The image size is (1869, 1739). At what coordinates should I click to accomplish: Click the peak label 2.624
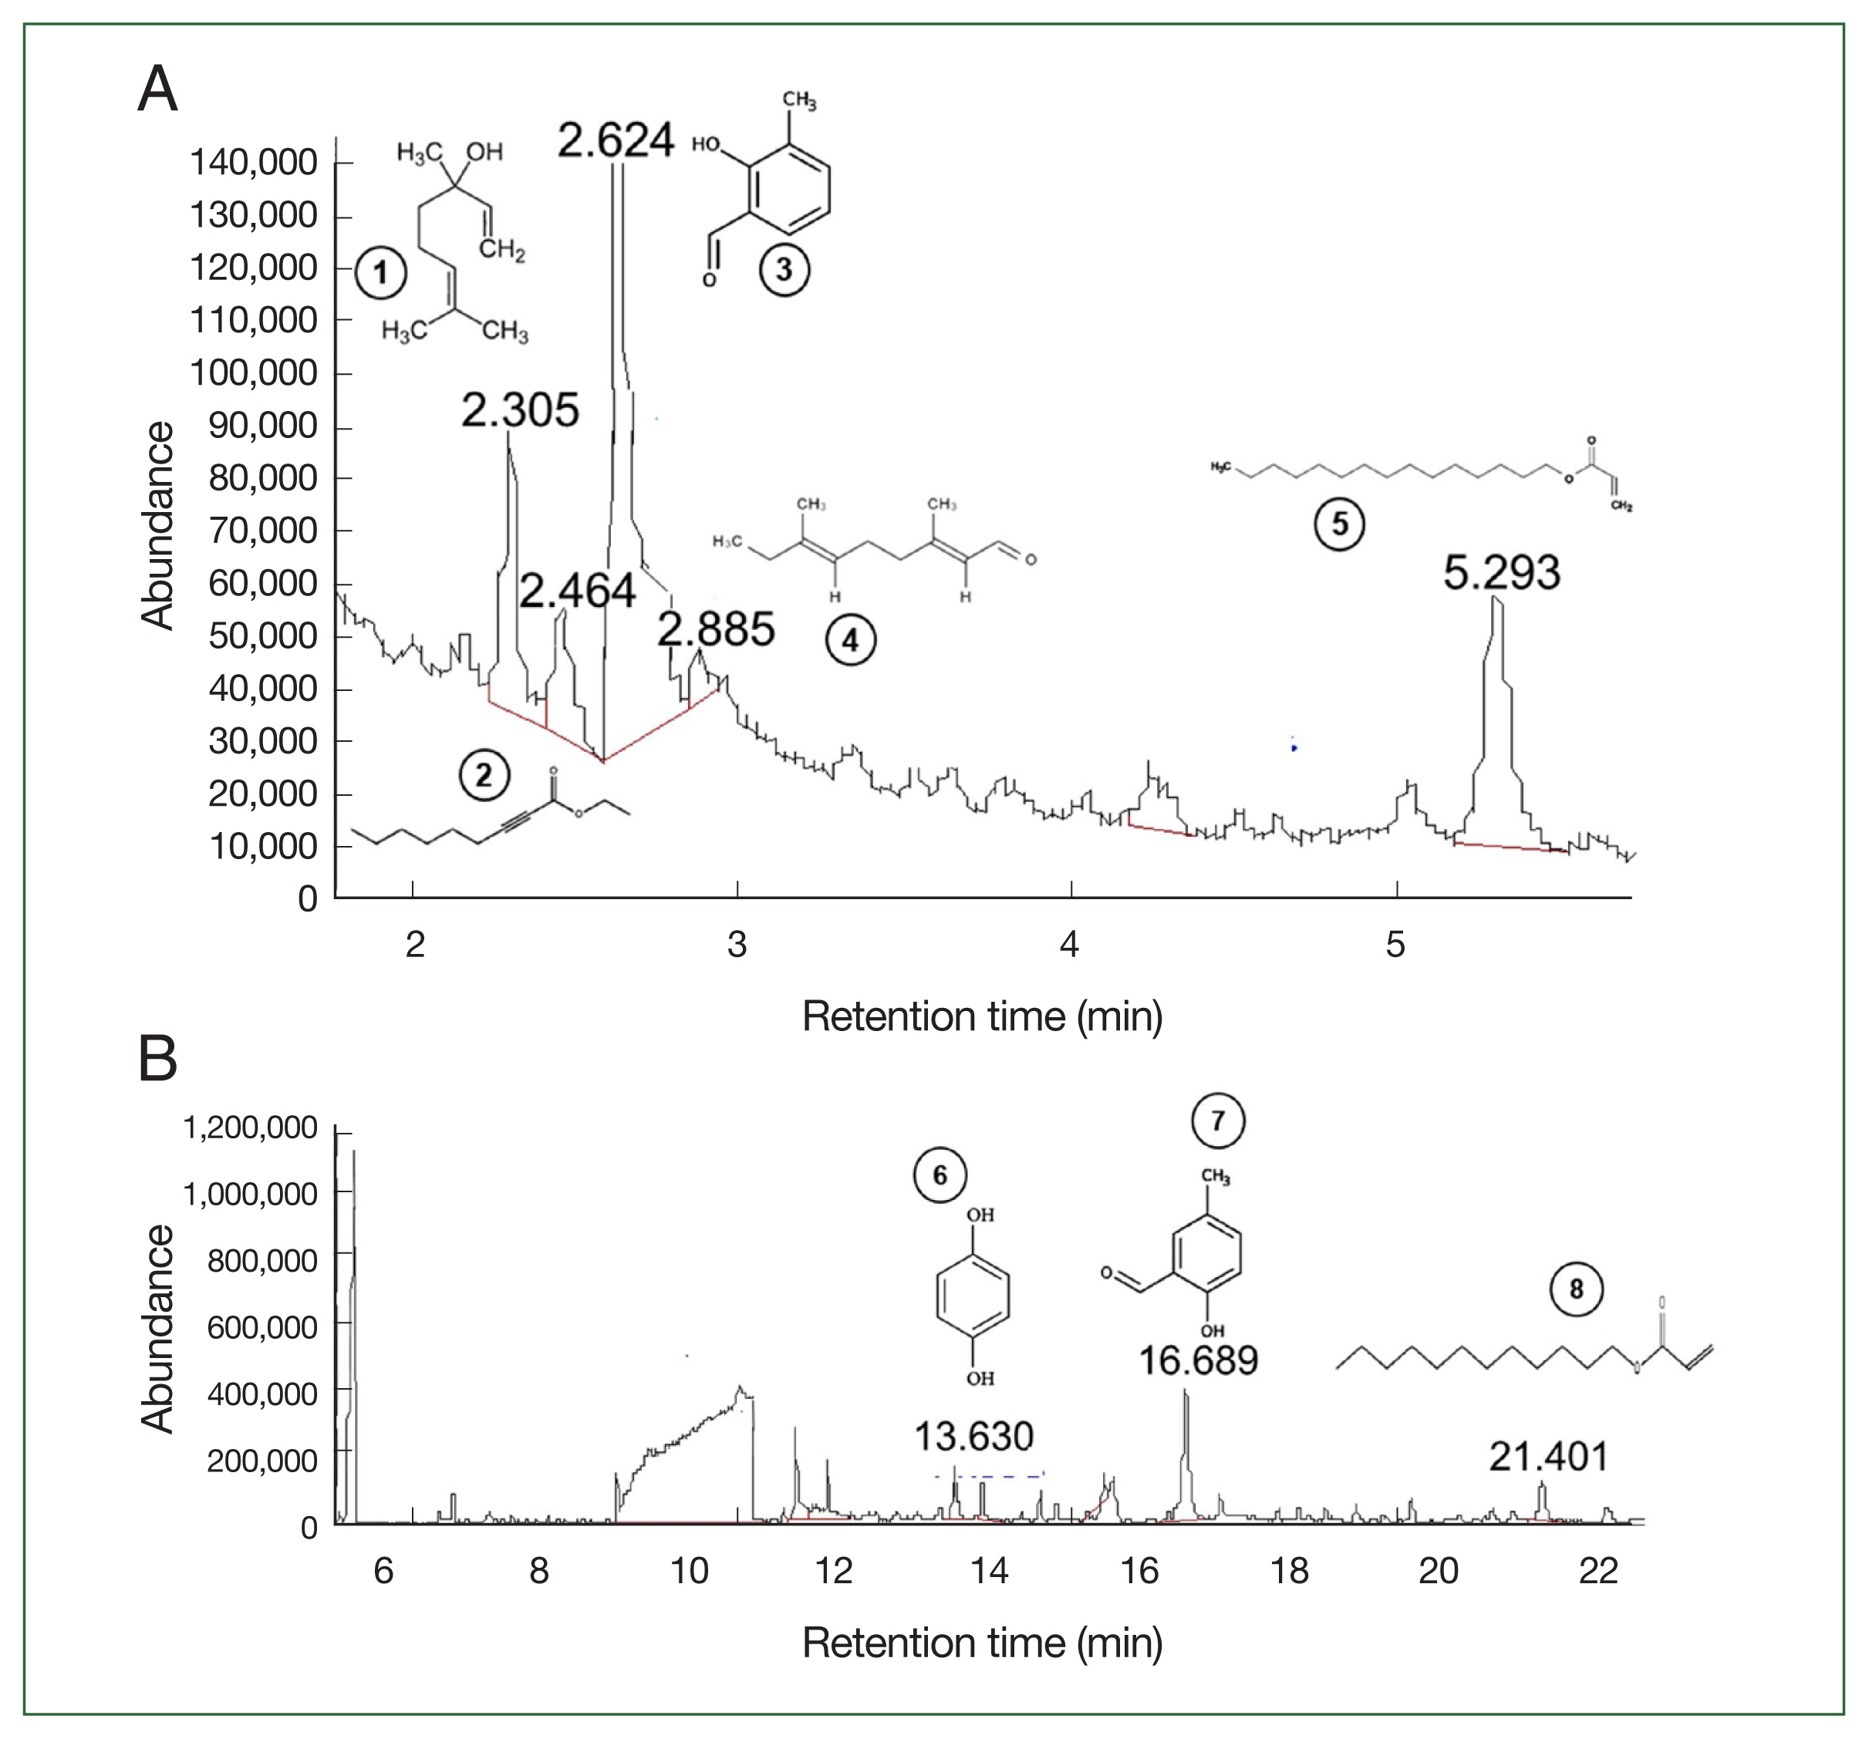tap(616, 141)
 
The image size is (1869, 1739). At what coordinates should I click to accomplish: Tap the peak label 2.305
tap(520, 411)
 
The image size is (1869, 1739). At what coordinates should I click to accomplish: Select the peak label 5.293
tap(1501, 572)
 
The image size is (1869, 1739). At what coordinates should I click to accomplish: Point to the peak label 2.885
tap(717, 629)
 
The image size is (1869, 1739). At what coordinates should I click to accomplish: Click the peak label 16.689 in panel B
tap(1198, 1360)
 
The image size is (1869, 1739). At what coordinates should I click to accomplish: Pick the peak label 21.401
tap(1548, 1456)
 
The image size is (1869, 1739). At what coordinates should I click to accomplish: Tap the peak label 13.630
tap(974, 1437)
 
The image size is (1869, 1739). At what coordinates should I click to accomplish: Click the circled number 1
tap(381, 272)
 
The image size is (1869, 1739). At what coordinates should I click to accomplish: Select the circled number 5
tap(1339, 524)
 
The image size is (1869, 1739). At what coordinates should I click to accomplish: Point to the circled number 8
tap(1576, 1289)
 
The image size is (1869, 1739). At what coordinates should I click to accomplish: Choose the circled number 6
tap(940, 1175)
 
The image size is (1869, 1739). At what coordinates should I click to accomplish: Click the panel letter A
tap(158, 89)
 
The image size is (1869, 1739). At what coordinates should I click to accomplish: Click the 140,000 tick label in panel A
tap(254, 163)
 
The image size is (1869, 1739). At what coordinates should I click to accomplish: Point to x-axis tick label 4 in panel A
tap(1070, 944)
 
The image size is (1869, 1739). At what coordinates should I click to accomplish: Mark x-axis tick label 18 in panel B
tap(1289, 1571)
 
